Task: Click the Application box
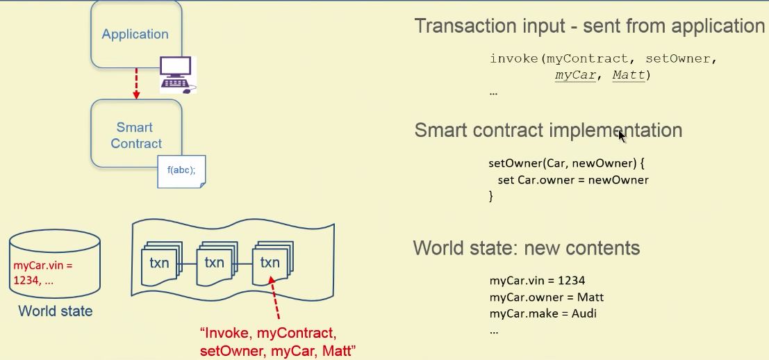pyautogui.click(x=135, y=33)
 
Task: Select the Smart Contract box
pyautogui.click(x=136, y=135)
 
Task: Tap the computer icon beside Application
pyautogui.click(x=176, y=74)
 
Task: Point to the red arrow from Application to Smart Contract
pyautogui.click(x=136, y=83)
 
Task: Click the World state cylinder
pyautogui.click(x=54, y=264)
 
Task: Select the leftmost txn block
pyautogui.click(x=159, y=263)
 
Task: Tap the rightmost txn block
pyautogui.click(x=270, y=263)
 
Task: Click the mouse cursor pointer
pyautogui.click(x=622, y=136)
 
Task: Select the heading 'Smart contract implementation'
pyautogui.click(x=548, y=130)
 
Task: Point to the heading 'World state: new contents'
pyautogui.click(x=526, y=248)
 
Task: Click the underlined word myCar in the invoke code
pyautogui.click(x=575, y=75)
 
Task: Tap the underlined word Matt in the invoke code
pyautogui.click(x=628, y=75)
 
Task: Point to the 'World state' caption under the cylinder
pyautogui.click(x=55, y=311)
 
